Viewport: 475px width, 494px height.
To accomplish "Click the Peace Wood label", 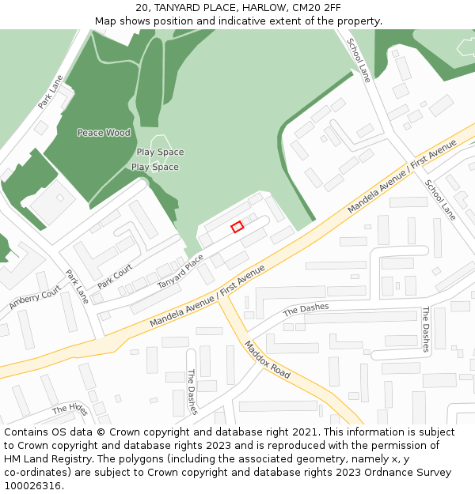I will (x=104, y=133).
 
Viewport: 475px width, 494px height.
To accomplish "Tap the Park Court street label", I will (x=115, y=276).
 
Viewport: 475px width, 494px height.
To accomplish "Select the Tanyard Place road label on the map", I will (x=180, y=271).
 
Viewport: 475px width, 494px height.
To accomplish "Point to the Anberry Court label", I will (x=35, y=298).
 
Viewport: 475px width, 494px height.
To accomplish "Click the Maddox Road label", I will (x=267, y=359).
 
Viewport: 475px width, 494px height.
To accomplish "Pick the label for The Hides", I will (x=70, y=409).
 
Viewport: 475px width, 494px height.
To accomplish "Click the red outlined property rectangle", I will (x=237, y=227).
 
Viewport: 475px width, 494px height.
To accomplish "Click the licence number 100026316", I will (x=32, y=486).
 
